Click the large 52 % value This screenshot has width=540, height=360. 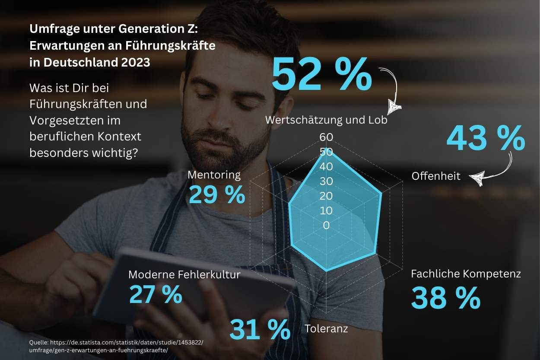322,75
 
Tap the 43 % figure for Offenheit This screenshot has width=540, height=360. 486,138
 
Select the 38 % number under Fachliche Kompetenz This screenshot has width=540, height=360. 445,298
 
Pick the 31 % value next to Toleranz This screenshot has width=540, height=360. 260,329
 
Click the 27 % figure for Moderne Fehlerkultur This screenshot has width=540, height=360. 156,294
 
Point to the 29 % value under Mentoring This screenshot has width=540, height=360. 217,195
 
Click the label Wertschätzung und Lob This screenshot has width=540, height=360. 326,120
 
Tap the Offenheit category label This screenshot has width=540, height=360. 436,176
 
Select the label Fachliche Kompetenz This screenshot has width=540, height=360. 466,274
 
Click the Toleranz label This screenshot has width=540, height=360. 326,328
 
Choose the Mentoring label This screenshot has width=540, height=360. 214,175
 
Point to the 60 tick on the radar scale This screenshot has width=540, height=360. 326,137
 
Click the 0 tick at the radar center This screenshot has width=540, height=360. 326,225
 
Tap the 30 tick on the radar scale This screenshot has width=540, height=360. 326,181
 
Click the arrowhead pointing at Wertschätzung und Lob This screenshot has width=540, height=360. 394,106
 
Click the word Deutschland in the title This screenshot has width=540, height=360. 72,62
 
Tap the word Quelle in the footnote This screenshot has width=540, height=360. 39,342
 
